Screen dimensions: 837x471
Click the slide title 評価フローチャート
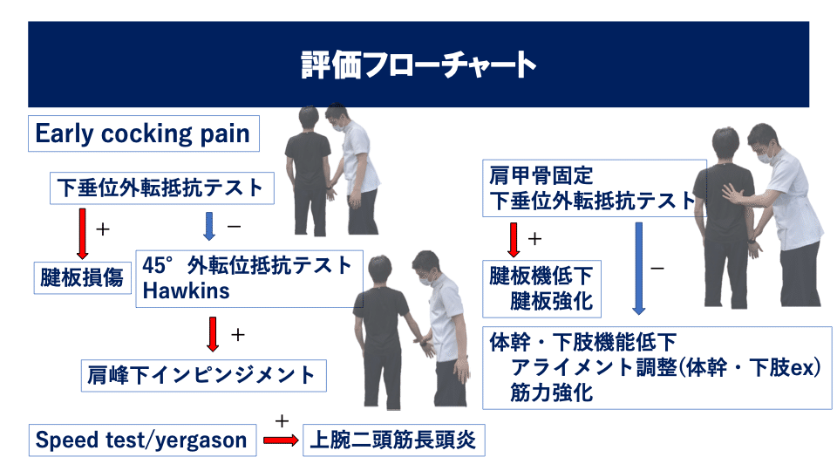pos(418,65)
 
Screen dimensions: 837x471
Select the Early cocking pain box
pos(142,134)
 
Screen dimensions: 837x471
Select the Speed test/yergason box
pos(141,440)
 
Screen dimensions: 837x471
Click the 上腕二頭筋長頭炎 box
pos(393,440)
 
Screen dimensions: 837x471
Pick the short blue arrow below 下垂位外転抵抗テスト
pos(208,226)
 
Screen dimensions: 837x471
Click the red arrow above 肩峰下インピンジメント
pos(211,332)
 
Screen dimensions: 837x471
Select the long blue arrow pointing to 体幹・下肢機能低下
pos(639,267)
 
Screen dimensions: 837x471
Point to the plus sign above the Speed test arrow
pos(282,420)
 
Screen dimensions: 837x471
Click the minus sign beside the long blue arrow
pos(657,268)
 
